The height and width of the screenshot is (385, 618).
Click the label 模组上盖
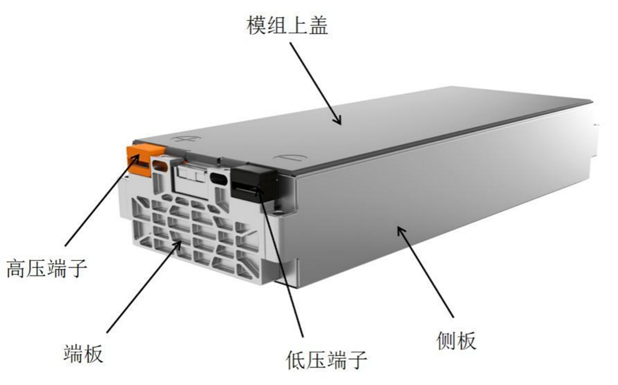pos(288,26)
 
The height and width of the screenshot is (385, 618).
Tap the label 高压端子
pos(47,268)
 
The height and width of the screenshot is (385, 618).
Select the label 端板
pos(83,353)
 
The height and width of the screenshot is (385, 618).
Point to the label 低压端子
pos(327,360)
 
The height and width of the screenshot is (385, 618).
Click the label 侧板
pos(457,340)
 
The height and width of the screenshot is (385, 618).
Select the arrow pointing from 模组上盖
pos(316,83)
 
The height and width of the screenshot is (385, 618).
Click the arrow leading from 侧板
pos(425,271)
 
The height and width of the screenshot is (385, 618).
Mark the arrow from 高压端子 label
pos(103,200)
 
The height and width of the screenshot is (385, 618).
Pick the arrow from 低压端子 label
pos(280,262)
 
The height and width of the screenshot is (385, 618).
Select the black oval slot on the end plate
pos(219,178)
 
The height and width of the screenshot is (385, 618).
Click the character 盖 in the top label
pos(318,26)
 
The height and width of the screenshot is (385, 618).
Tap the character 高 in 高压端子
pos(17,268)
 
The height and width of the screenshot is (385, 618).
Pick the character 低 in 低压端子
pos(296,360)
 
